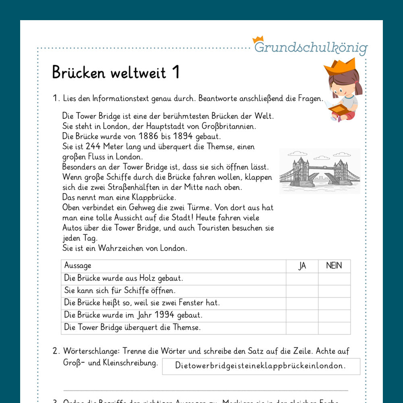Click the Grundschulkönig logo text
pos(311,47)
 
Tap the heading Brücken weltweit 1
pos(116,73)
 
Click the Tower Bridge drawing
pos(320,171)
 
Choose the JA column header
pos(302,266)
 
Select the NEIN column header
pos(334,266)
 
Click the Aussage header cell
pos(78,266)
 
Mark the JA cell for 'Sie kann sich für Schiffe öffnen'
pos(302,291)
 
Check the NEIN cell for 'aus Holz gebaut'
pos(334,278)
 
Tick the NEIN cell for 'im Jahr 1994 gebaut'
pos(334,316)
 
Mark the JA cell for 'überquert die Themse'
pos(302,328)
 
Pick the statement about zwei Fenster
pos(142,303)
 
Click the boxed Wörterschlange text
pos(261,366)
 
